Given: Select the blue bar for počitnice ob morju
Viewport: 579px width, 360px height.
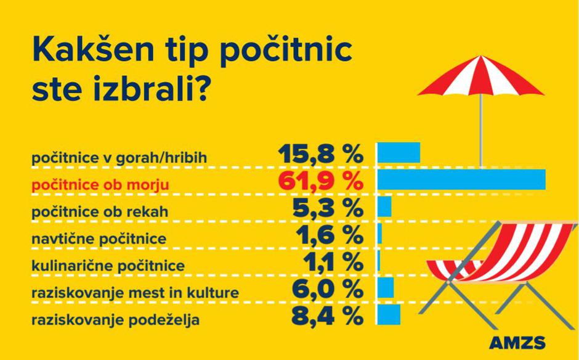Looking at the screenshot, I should (461, 179).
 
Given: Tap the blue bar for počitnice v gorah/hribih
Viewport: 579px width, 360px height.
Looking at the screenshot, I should (399, 152).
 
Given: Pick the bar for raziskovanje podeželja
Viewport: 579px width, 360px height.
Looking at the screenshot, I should (389, 314).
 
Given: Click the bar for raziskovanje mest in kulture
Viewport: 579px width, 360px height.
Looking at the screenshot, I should (386, 287).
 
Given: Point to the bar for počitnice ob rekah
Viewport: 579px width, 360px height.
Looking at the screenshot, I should (384, 207).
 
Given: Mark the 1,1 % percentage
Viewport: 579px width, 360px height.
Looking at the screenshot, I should (333, 262).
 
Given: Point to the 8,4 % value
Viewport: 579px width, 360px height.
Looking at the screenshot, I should (327, 316).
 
